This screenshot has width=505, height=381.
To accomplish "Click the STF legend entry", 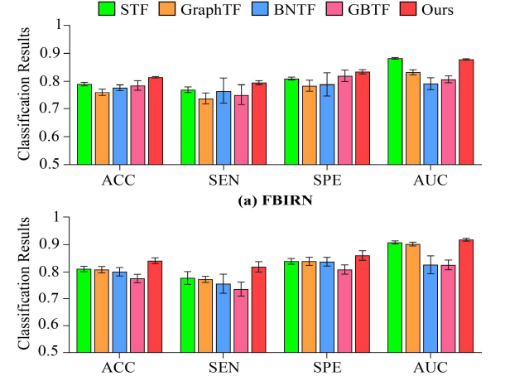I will [123, 9].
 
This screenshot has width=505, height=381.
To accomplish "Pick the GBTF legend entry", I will [358, 9].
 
